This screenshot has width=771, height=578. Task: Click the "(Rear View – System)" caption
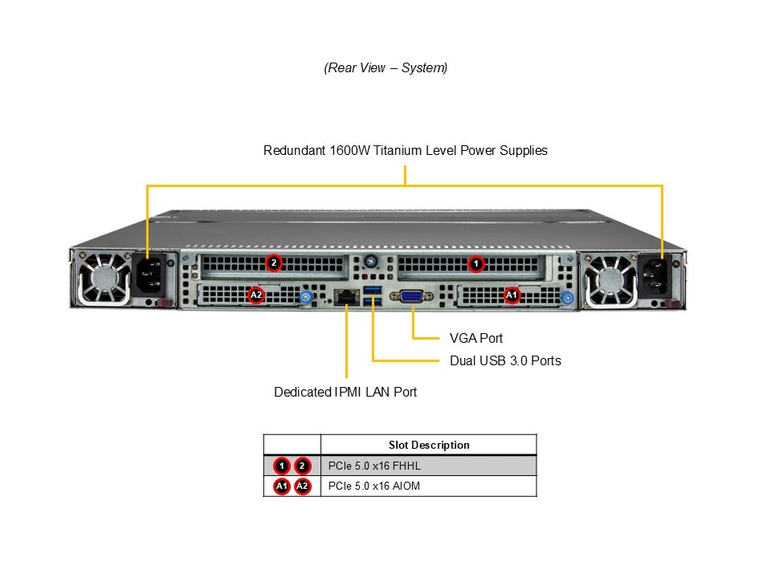pyautogui.click(x=385, y=68)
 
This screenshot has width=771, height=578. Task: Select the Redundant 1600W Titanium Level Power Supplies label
pyautogui.click(x=405, y=150)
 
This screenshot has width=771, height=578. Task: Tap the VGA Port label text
pyautogui.click(x=476, y=338)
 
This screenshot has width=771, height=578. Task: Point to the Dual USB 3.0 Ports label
pyautogui.click(x=505, y=360)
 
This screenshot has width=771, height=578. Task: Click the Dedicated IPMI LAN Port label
pyautogui.click(x=345, y=392)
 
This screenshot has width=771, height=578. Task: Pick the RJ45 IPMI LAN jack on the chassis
pyautogui.click(x=347, y=296)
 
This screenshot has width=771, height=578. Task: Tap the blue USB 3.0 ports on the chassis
pyautogui.click(x=370, y=295)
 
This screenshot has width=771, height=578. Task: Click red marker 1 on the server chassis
pyautogui.click(x=476, y=263)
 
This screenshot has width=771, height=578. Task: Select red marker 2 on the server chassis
pyautogui.click(x=273, y=263)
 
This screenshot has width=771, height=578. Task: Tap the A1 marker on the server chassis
pyautogui.click(x=512, y=295)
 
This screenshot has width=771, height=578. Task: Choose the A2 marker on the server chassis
pyautogui.click(x=256, y=295)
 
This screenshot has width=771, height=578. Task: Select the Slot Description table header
pyautogui.click(x=429, y=445)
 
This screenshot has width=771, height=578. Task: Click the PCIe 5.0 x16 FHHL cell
pyautogui.click(x=374, y=466)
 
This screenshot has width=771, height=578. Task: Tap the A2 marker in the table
pyautogui.click(x=302, y=486)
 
